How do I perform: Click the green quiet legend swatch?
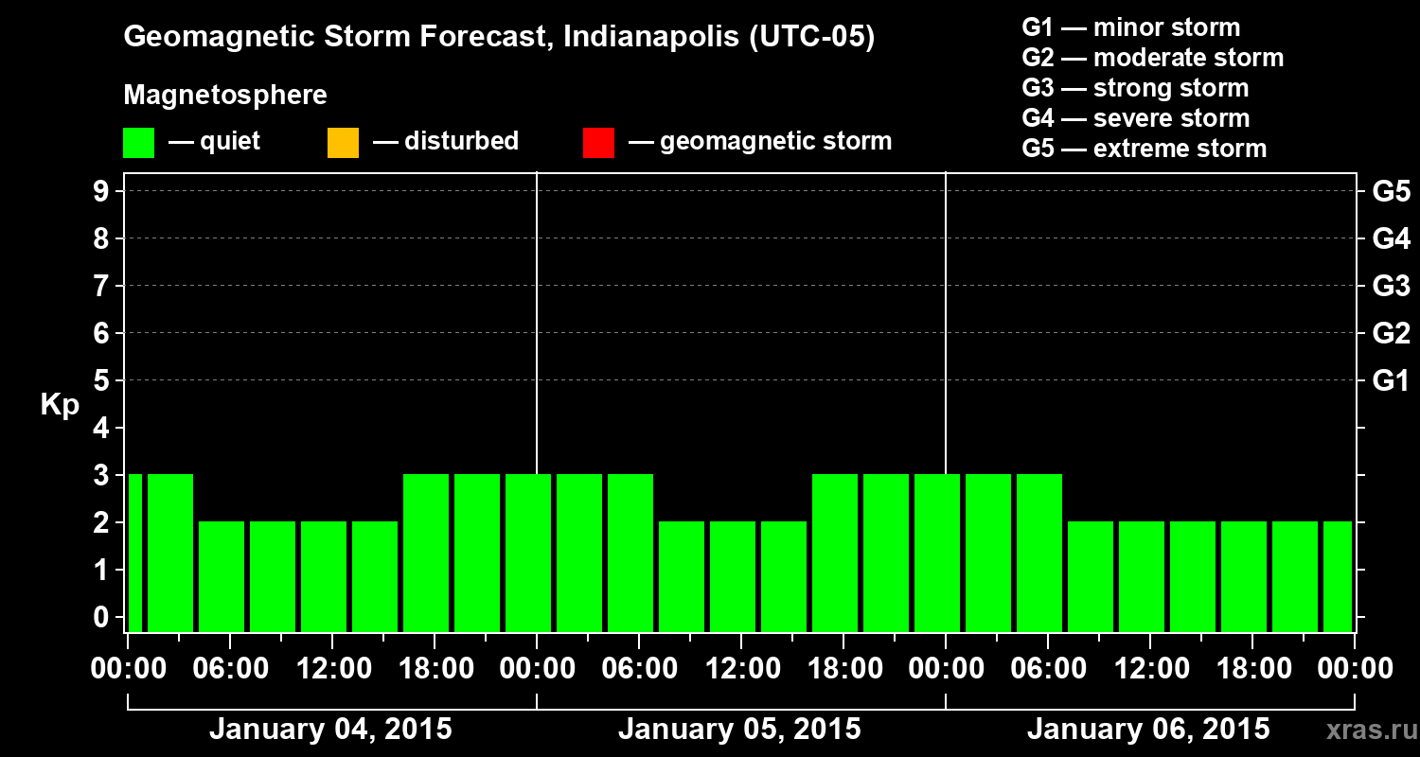138,142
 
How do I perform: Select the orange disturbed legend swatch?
343,142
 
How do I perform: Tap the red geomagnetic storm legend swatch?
598,142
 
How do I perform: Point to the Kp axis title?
60,405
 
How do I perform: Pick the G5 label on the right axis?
1391,191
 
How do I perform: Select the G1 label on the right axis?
1391,380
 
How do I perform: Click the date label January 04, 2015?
330,730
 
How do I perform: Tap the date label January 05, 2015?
739,730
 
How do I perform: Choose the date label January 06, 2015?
1148,730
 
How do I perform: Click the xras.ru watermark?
1364,731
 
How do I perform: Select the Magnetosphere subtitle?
225,96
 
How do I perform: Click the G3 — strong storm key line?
1135,88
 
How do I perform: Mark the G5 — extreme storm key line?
1144,149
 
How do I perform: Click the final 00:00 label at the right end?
1355,669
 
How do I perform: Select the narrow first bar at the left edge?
134,553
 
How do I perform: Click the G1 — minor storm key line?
1130,27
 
